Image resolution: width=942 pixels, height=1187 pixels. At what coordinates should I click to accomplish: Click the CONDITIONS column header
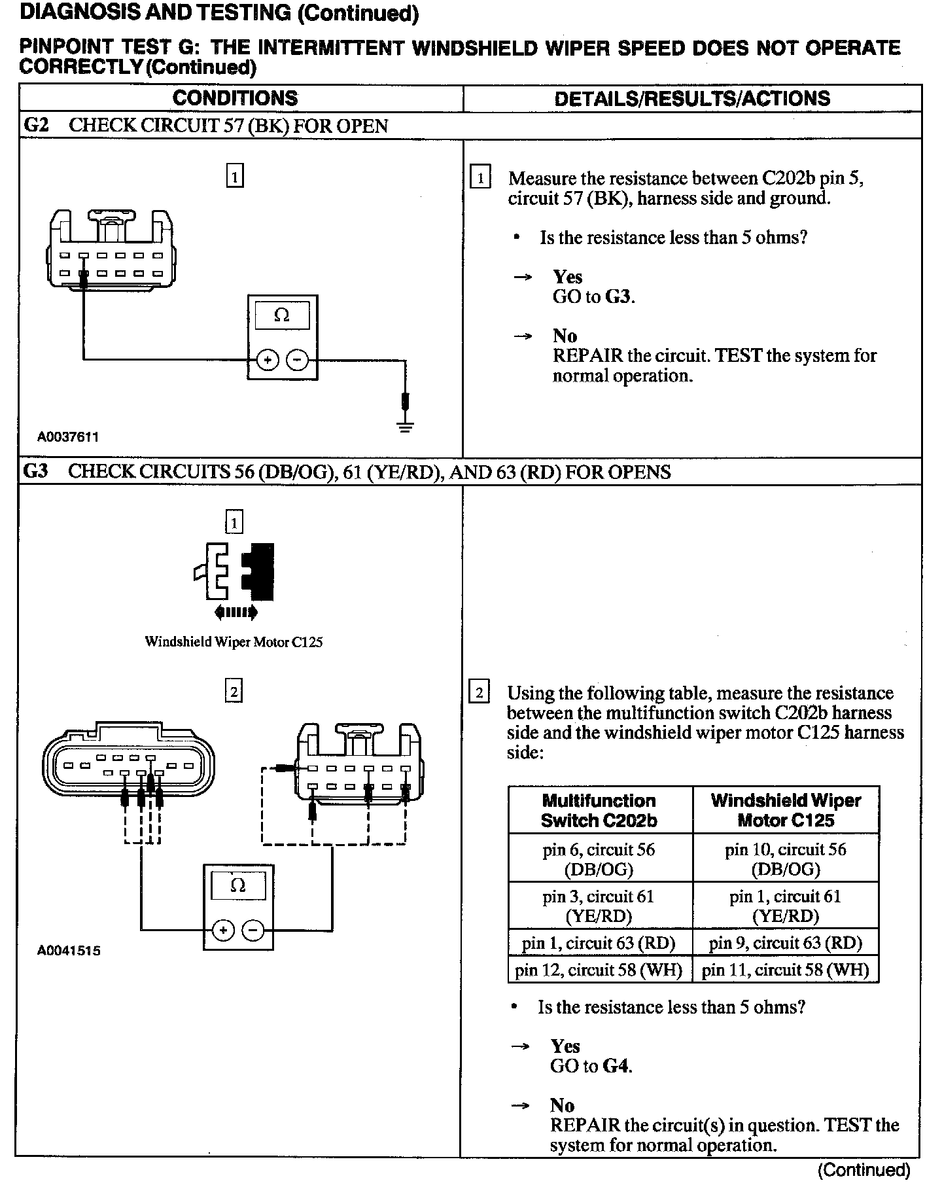click(235, 98)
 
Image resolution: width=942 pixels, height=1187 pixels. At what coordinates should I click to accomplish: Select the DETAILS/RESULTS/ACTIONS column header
click(692, 99)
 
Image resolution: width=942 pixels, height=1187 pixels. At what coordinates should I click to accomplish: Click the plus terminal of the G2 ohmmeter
click(268, 360)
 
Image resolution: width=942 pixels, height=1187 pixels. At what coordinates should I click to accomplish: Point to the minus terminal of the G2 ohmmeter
click(298, 360)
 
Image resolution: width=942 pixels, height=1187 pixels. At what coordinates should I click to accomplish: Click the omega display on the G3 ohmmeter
click(238, 886)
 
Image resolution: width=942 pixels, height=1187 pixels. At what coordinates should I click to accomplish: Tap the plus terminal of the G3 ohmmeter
click(223, 930)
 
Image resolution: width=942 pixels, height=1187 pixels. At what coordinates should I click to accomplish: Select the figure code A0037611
click(68, 436)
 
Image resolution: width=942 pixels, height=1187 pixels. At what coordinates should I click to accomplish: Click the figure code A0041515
click(69, 950)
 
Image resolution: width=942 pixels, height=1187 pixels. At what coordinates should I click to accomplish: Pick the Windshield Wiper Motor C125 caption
click(234, 642)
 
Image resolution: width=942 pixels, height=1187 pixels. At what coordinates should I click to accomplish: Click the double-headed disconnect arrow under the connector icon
click(235, 612)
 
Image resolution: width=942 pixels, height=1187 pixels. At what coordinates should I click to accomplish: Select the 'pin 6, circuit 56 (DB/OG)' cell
click(599, 859)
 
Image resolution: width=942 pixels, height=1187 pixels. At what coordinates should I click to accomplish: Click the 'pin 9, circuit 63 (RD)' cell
click(785, 943)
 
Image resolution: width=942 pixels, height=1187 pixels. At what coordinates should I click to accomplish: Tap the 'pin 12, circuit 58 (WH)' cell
click(599, 970)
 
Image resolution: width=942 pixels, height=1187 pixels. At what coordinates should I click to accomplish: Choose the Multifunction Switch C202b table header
click(599, 810)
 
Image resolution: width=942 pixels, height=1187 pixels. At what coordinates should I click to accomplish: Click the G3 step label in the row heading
click(35, 472)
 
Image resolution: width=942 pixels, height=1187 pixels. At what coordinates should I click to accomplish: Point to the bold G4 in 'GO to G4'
click(616, 1066)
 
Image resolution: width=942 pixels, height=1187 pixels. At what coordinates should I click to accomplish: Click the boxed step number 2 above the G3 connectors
click(234, 692)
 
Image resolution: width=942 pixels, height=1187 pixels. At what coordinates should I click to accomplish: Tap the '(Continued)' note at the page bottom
click(863, 1169)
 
